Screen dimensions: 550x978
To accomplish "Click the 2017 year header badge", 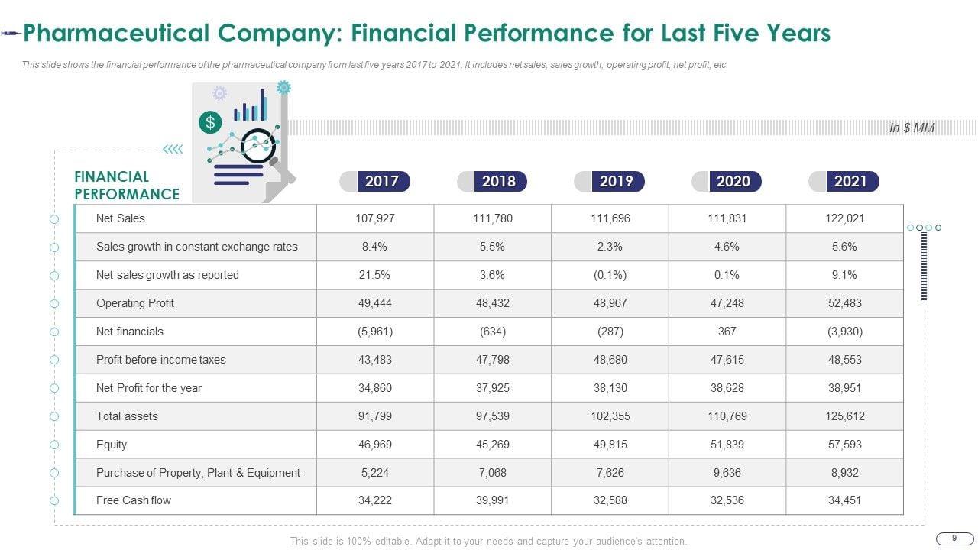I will point(381,181).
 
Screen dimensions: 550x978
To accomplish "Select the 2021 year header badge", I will point(850,181).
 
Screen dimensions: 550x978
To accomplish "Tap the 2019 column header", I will point(616,181).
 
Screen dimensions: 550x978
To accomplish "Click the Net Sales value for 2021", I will point(844,218).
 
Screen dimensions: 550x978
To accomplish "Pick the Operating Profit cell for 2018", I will point(493,303).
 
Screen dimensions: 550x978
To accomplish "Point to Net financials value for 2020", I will point(727,332).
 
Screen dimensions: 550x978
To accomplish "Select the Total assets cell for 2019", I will point(610,416).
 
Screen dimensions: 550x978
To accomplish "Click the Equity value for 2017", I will point(374,445).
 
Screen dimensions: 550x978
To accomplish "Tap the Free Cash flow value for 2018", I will point(493,500).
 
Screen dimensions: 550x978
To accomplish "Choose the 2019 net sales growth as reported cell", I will point(610,275).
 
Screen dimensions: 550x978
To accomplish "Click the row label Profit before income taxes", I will point(160,360).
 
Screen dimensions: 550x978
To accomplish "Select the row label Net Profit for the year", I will point(148,388).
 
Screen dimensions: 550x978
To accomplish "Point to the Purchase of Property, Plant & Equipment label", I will point(198,473).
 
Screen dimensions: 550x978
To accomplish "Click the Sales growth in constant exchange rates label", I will point(196,247).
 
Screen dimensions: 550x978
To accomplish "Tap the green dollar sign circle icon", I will point(209,121).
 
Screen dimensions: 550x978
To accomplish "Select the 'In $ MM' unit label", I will point(912,128).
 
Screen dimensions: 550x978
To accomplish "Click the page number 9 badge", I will point(954,539).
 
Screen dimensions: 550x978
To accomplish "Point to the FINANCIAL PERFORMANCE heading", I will point(127,186).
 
